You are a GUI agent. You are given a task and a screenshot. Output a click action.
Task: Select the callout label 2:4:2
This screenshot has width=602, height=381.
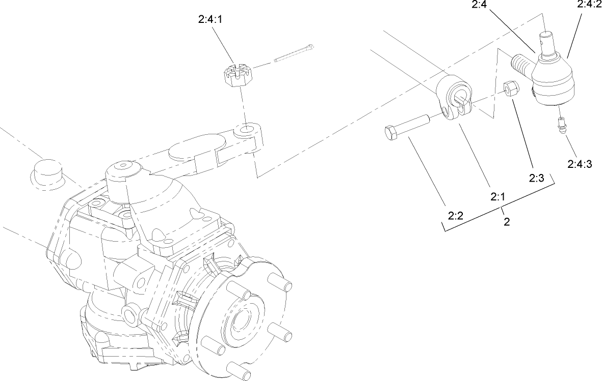(x=588, y=5)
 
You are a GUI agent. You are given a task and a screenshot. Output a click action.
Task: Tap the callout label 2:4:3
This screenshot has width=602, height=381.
(x=579, y=164)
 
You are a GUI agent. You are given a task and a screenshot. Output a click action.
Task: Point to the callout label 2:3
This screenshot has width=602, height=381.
(x=537, y=178)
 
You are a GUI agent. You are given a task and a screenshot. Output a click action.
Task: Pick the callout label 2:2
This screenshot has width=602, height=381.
(x=455, y=216)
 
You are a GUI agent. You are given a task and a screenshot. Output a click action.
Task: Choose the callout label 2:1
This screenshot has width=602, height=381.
(x=497, y=196)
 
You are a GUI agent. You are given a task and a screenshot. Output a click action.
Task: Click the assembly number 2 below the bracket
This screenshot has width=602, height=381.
(x=506, y=222)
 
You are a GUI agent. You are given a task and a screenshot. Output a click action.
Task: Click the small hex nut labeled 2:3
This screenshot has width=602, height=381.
(x=511, y=89)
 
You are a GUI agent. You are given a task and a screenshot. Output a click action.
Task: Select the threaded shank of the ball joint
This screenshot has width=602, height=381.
(x=521, y=64)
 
